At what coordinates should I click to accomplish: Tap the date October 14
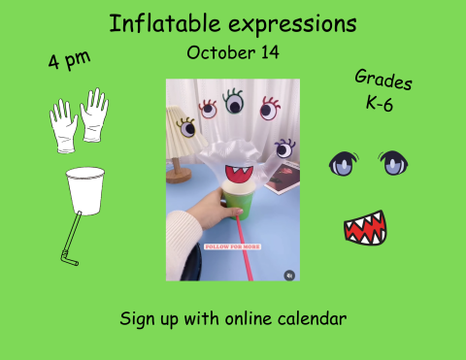232,52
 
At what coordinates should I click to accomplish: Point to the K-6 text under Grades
379,104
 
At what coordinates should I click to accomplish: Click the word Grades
383,82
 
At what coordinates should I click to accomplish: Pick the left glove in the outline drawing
65,123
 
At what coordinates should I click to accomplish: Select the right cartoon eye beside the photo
393,164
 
